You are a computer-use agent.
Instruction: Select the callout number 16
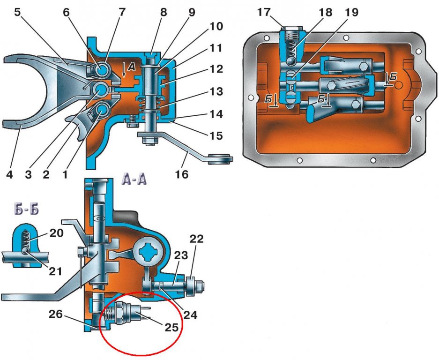[x=182, y=174]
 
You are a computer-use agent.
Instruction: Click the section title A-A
[x=134, y=179]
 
